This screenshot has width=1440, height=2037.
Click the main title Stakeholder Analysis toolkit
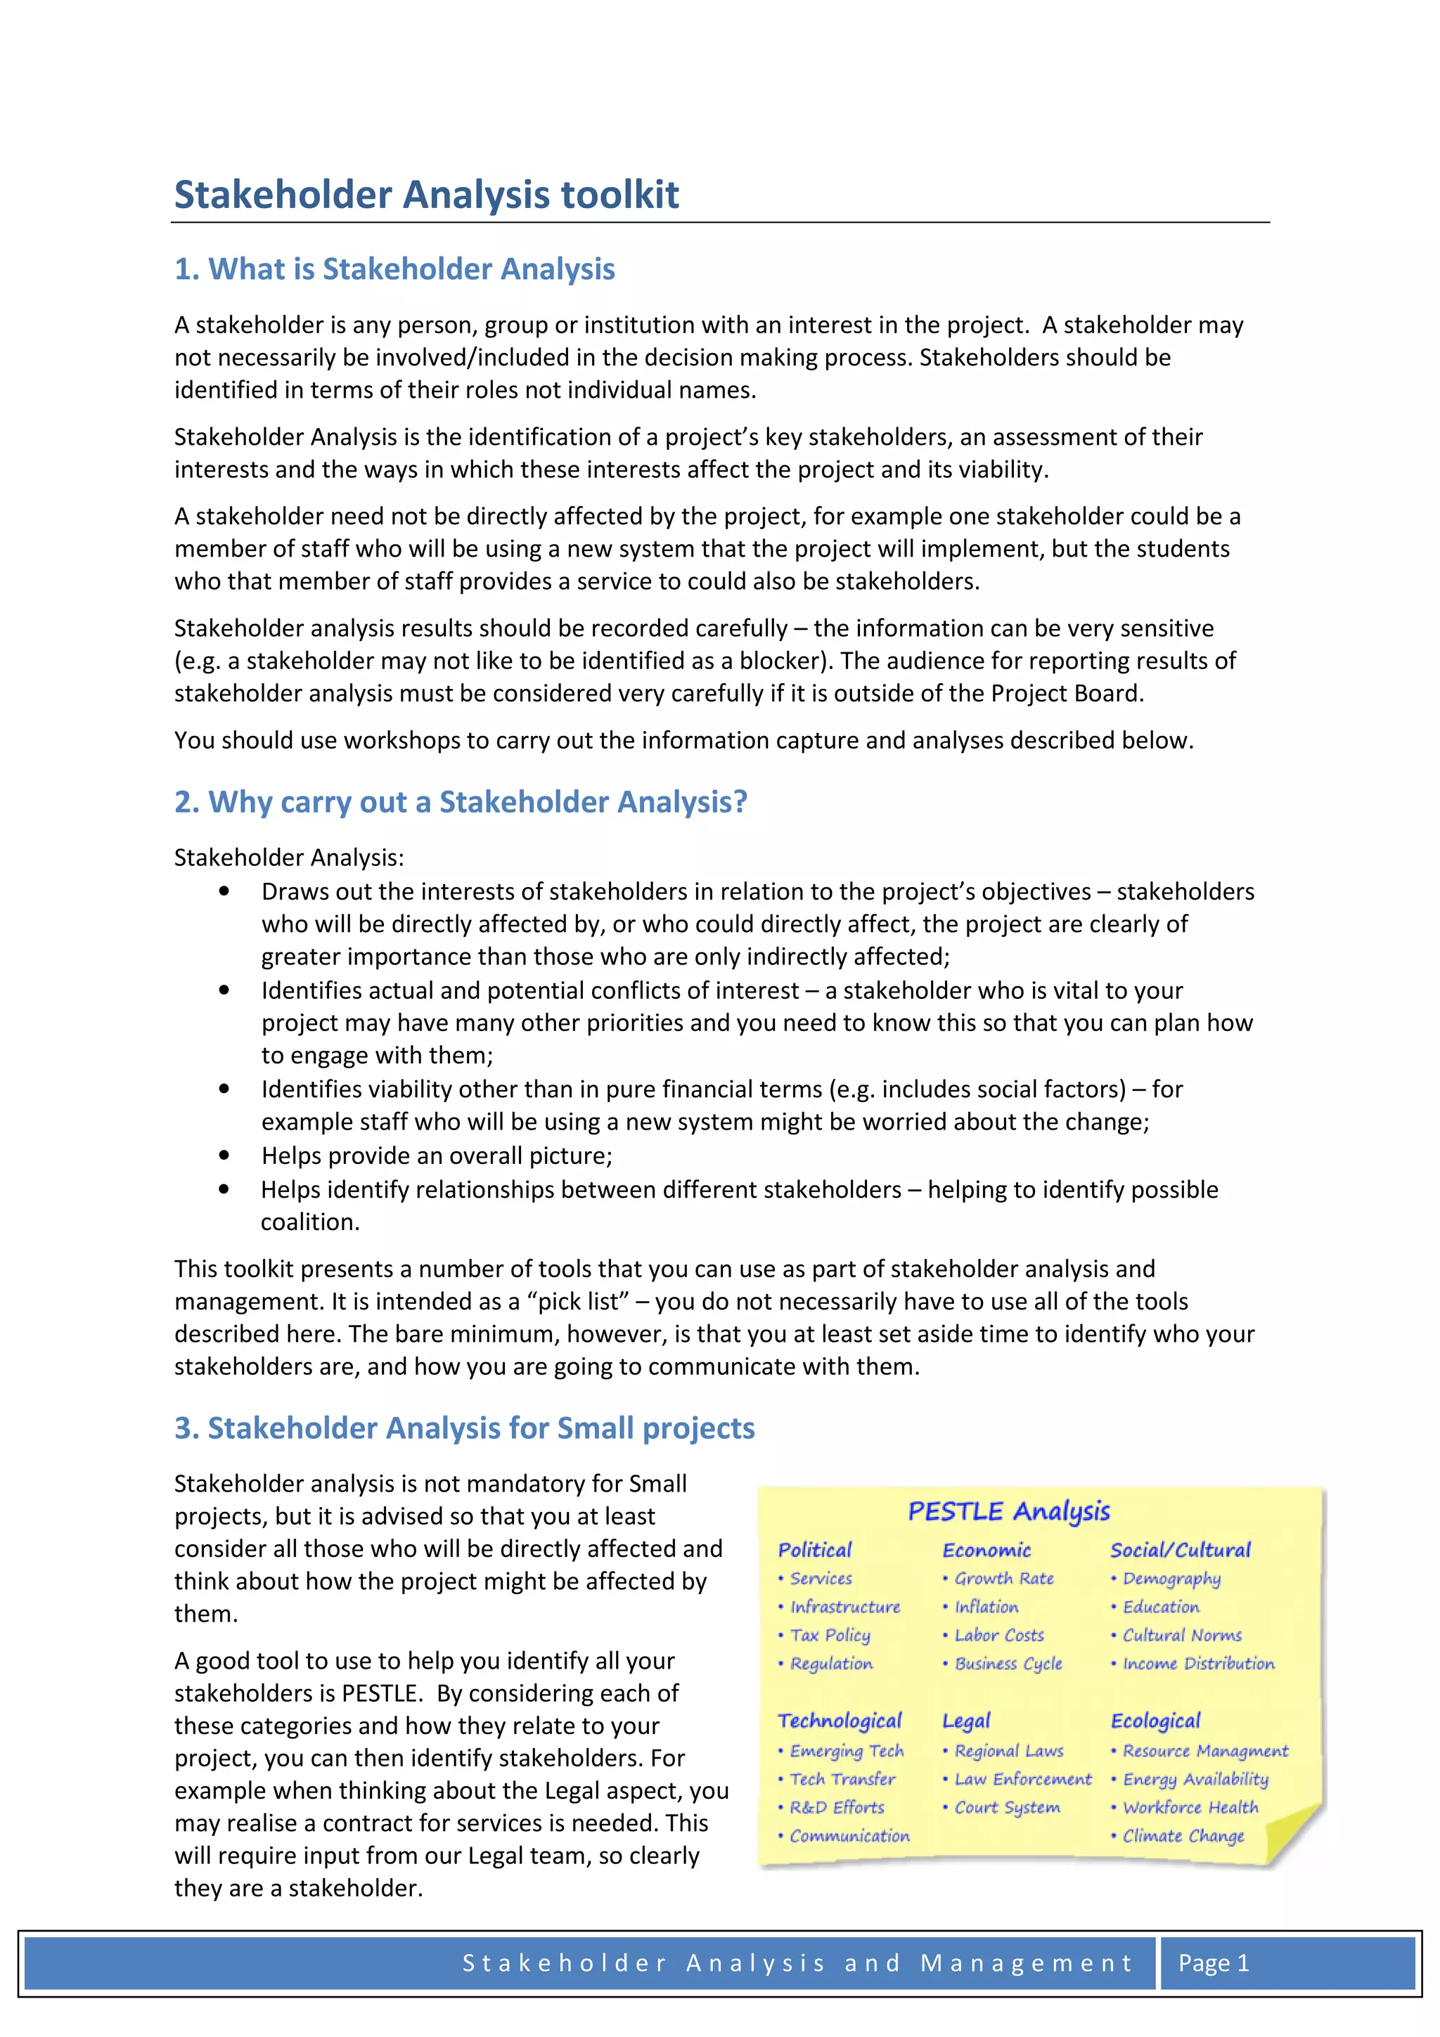pyautogui.click(x=426, y=194)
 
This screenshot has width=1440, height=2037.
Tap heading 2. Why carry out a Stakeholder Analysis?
pyautogui.click(x=461, y=801)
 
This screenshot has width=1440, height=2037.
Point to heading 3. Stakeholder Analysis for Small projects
pyautogui.click(x=464, y=1428)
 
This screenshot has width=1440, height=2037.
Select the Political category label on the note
pyautogui.click(x=814, y=1550)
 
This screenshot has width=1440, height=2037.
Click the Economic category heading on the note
pyautogui.click(x=986, y=1550)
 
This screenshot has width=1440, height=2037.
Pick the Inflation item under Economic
pyautogui.click(x=986, y=1607)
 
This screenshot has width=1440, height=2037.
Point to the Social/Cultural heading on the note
pyautogui.click(x=1179, y=1550)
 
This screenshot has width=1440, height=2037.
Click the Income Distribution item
pyautogui.click(x=1197, y=1664)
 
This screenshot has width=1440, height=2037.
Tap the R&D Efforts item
pyautogui.click(x=836, y=1807)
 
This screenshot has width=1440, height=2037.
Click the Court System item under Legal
pyautogui.click(x=1006, y=1807)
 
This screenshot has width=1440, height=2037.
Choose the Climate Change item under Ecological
pyautogui.click(x=1183, y=1835)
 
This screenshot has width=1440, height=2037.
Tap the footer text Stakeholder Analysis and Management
pyautogui.click(x=797, y=1962)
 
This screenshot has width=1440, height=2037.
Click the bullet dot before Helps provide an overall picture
pyautogui.click(x=224, y=1154)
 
